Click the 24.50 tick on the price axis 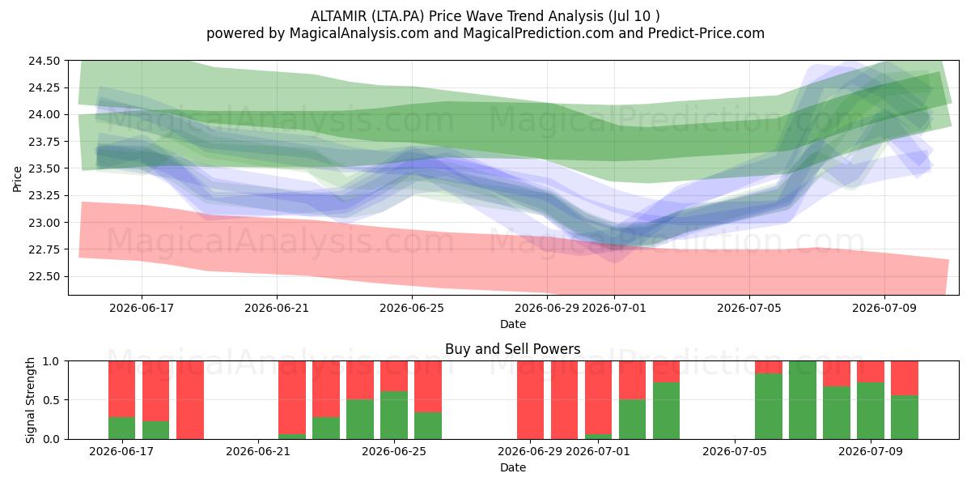click(45, 61)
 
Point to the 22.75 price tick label click(45, 249)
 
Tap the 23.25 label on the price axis click(45, 196)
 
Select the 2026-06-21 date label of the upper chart click(277, 308)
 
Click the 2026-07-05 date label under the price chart click(749, 308)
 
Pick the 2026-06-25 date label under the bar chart click(394, 451)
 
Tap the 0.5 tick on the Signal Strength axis click(52, 399)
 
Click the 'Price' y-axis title click(17, 179)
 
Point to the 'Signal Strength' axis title click(30, 400)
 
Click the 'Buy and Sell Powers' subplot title click(513, 349)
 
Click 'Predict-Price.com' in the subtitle click(706, 33)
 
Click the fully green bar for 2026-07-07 click(803, 400)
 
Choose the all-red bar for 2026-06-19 click(190, 400)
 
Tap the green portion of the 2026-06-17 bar click(122, 428)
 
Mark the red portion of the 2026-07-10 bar click(905, 378)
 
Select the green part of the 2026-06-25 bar click(394, 415)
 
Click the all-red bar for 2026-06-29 click(530, 400)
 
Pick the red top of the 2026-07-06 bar click(769, 367)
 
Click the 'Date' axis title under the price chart click(513, 324)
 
